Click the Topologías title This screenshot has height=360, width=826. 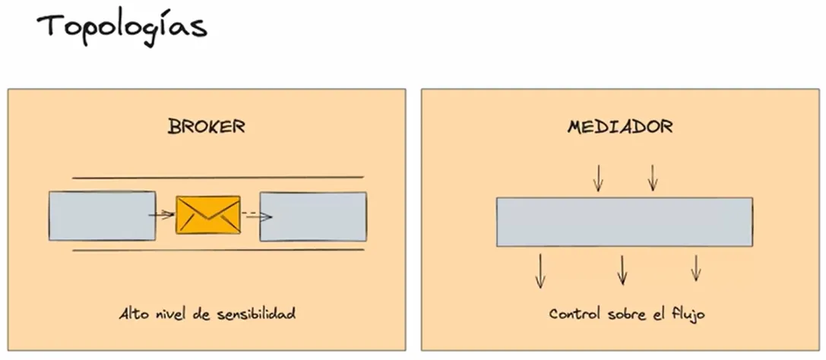(122, 27)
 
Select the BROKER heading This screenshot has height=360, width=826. (207, 126)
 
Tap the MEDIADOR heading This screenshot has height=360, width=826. (620, 126)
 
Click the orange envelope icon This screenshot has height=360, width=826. (208, 215)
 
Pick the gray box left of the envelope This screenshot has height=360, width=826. (102, 216)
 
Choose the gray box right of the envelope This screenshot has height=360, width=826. (313, 216)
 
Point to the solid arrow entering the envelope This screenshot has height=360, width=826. (161, 215)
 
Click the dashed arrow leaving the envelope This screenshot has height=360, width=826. (257, 216)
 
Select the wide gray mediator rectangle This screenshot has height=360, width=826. (625, 222)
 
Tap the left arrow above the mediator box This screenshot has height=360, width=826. (598, 177)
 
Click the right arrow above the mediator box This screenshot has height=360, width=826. (652, 177)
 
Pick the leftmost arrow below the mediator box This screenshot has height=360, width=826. (540, 270)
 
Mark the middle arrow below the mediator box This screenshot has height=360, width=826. (622, 270)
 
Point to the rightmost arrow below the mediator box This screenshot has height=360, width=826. (695, 267)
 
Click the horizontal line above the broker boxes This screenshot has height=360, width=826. (217, 178)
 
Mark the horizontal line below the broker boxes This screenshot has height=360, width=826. (217, 249)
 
